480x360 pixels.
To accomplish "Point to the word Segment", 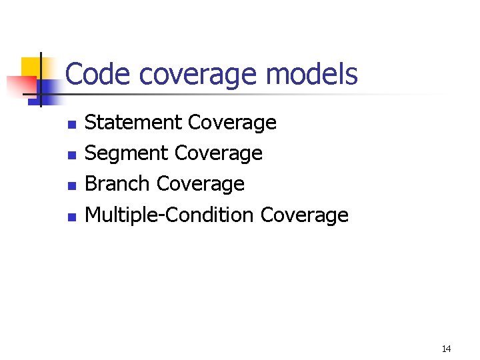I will click(x=127, y=154).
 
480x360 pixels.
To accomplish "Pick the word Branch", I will click(x=118, y=184).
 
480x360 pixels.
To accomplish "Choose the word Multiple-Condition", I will click(x=169, y=215).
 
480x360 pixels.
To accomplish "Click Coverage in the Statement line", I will click(x=232, y=123).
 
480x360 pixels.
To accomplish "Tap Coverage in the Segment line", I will click(x=218, y=154).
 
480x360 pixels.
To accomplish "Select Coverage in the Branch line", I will click(x=201, y=184).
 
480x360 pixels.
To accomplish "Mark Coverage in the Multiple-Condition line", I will click(x=305, y=215).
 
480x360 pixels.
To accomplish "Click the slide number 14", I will click(x=446, y=349).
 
